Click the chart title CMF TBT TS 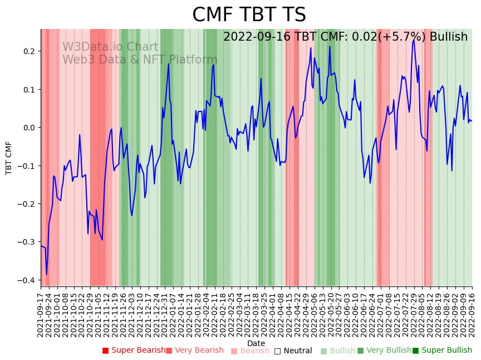[x=249, y=15]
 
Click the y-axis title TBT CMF [x=9, y=158]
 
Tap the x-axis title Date [x=256, y=343]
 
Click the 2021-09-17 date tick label [x=41, y=314]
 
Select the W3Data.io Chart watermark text [x=110, y=47]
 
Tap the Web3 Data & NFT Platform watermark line [x=140, y=60]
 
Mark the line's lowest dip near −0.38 [x=47, y=274]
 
